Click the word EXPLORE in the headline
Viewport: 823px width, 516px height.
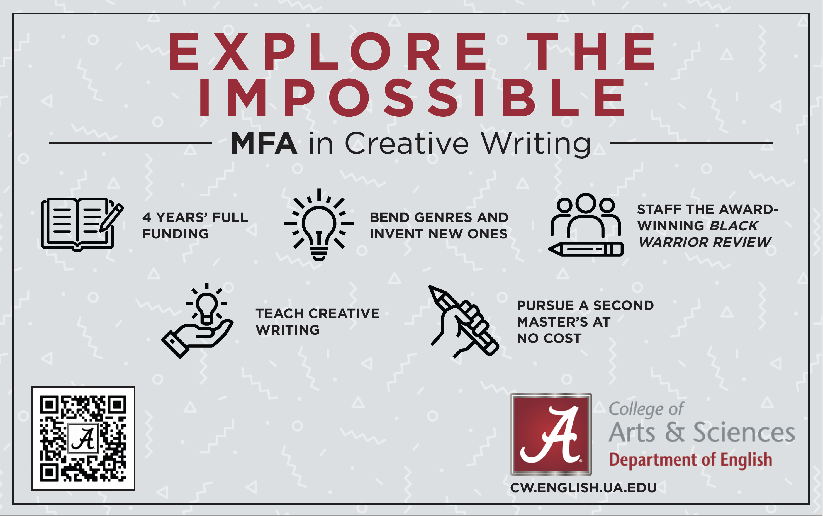pos(328,52)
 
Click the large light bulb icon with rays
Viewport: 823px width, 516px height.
pos(319,224)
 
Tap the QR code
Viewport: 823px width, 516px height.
pos(83,438)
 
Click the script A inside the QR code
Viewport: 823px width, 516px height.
pos(83,439)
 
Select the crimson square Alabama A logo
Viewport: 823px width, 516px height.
pos(551,434)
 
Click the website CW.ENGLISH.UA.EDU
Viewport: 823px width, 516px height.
pos(583,488)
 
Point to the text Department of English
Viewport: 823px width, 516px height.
pos(691,460)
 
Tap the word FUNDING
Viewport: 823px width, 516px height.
pos(176,234)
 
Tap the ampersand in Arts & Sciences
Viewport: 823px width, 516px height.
pos(674,432)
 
